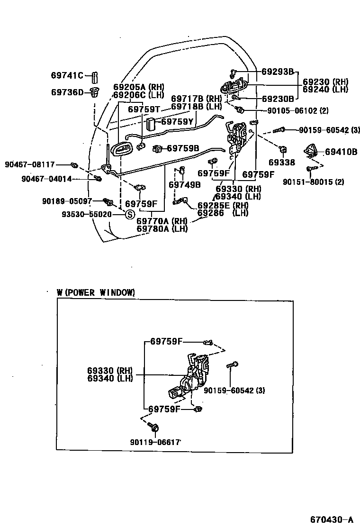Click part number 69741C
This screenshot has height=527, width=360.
point(67,75)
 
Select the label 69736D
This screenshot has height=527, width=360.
point(67,92)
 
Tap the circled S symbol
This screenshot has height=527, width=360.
point(129,214)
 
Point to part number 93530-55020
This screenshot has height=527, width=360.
point(86,214)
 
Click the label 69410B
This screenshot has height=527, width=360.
point(341,152)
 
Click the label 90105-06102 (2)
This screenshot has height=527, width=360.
point(297,111)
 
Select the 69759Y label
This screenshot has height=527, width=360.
point(177,122)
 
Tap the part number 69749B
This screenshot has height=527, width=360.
point(184,184)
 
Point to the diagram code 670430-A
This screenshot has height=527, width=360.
point(332,519)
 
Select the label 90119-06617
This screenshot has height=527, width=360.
point(155,442)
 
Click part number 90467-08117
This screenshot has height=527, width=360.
point(29,164)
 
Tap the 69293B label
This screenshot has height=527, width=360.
point(278,72)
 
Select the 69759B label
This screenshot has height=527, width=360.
point(182,148)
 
